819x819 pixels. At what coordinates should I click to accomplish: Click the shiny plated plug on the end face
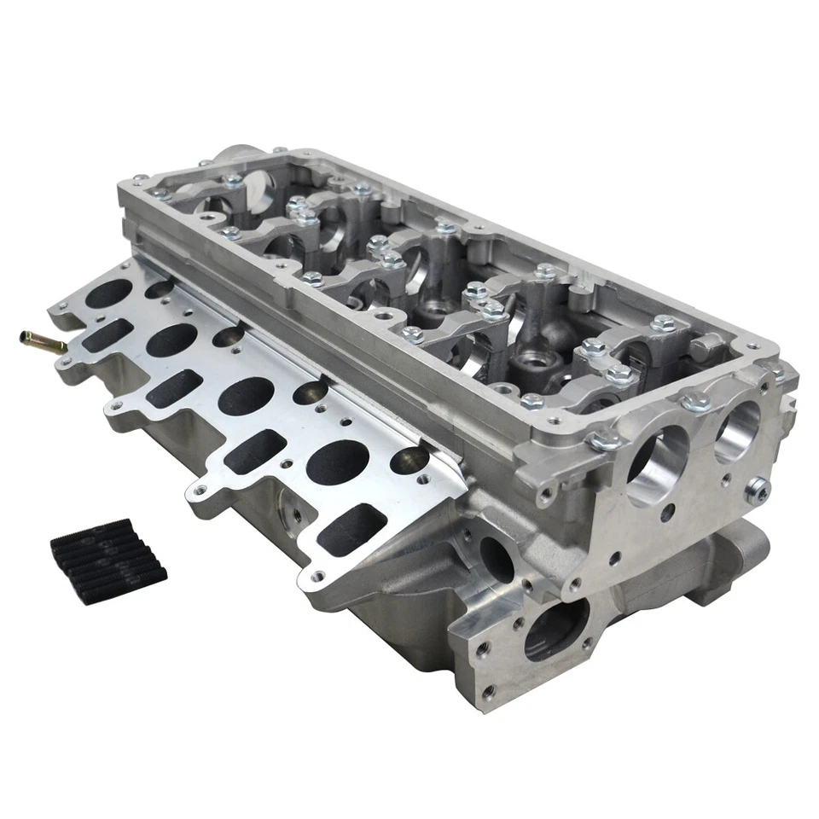(757, 488)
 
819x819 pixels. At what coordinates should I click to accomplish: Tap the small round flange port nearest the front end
(409, 460)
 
